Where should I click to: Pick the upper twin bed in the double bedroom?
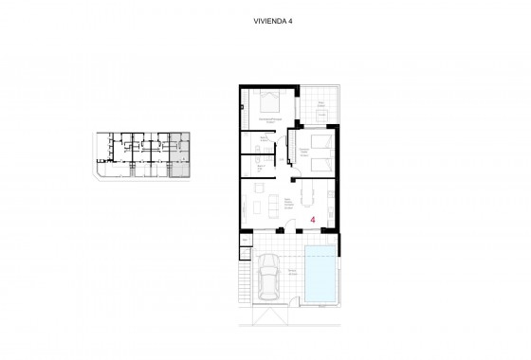point(319,141)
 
